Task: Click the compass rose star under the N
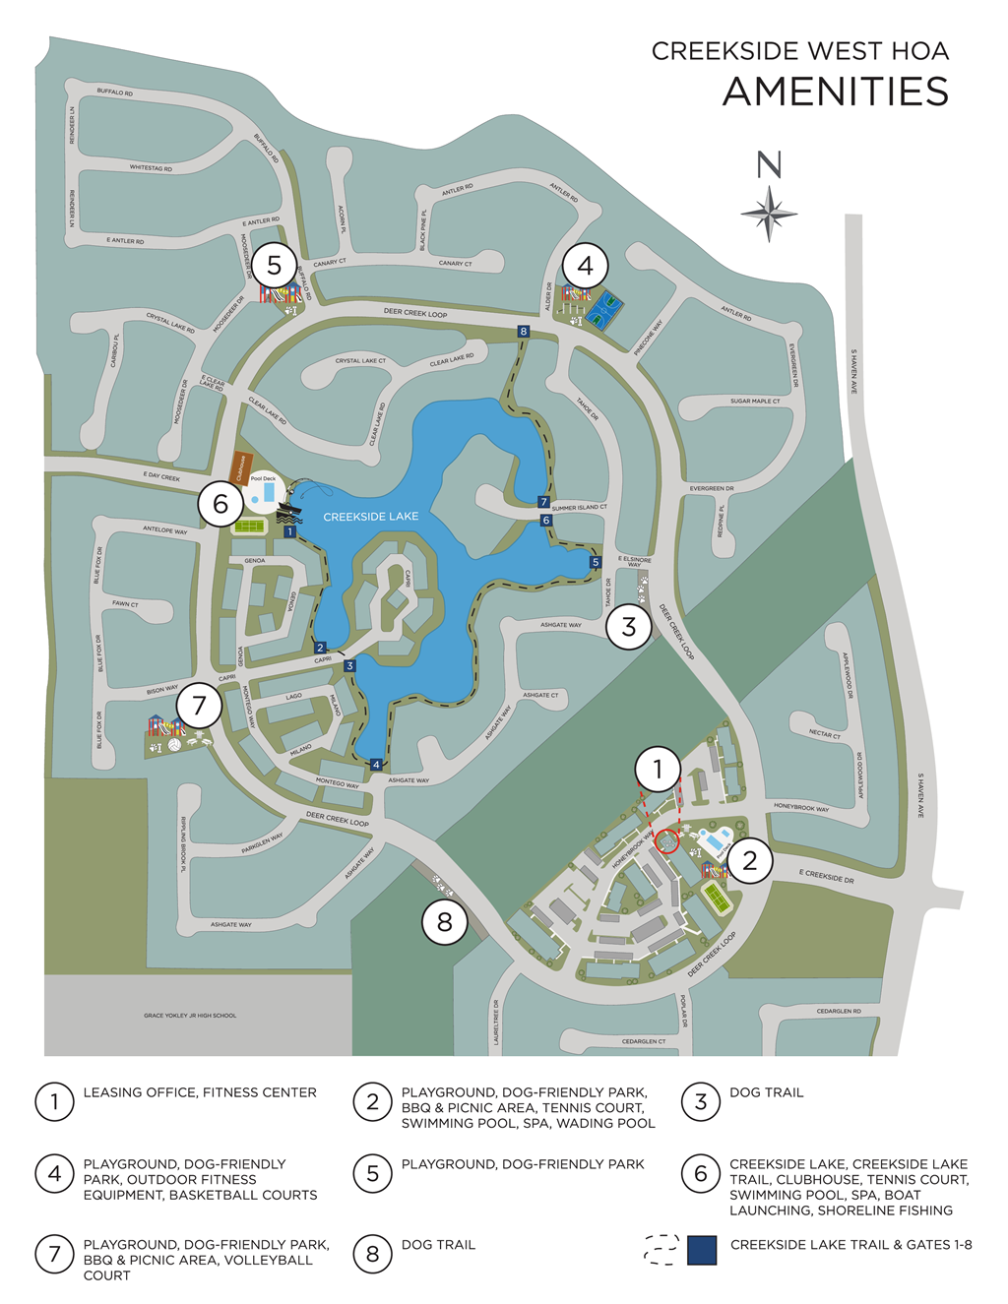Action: [769, 213]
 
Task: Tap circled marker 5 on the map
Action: [274, 265]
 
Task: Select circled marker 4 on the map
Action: [585, 265]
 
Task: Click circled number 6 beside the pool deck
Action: [220, 504]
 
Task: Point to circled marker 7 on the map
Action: [200, 705]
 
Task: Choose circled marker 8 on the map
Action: [445, 922]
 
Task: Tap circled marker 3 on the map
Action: [629, 626]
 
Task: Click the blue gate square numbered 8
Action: [524, 332]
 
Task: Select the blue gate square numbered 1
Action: [289, 531]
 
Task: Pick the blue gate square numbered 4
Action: [376, 765]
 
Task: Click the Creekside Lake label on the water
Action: [370, 516]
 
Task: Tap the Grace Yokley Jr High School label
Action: [190, 1015]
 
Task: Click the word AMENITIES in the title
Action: [836, 92]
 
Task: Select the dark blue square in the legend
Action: [702, 1250]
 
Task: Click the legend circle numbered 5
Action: [372, 1173]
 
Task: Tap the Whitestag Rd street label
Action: [151, 168]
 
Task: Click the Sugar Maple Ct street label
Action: [755, 402]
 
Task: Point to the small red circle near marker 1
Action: [666, 841]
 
